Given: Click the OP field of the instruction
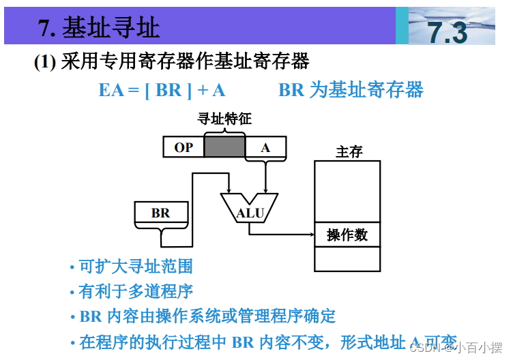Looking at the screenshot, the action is [x=184, y=147].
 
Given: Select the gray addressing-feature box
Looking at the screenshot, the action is [x=224, y=147].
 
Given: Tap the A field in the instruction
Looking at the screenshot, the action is [x=265, y=147].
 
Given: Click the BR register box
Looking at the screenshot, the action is [x=161, y=213].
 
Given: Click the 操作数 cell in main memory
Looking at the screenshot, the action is [x=347, y=235].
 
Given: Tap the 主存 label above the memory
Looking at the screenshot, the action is [x=349, y=152].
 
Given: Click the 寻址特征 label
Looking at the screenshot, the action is [x=224, y=119].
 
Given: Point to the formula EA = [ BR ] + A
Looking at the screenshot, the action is [x=162, y=89].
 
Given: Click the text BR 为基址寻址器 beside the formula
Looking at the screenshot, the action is [x=351, y=89].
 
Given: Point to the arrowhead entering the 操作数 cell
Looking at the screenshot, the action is [x=310, y=235].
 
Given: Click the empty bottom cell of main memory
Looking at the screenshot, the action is [x=347, y=259].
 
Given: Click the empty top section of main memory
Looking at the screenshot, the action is [x=347, y=192].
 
